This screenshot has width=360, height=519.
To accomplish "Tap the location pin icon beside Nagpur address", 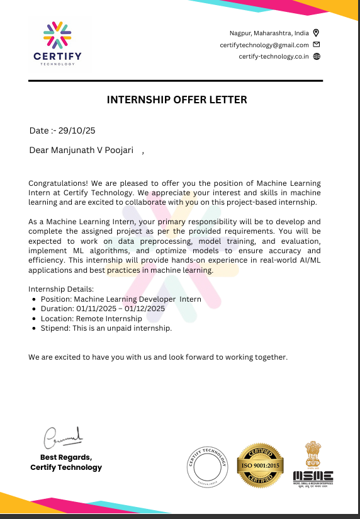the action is click(317, 33).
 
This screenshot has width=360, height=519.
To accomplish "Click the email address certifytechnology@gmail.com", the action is click(264, 45).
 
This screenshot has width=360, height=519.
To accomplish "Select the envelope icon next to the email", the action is click(317, 45).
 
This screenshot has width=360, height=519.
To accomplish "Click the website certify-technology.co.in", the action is click(274, 57).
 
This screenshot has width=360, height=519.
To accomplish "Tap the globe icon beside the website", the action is click(317, 57).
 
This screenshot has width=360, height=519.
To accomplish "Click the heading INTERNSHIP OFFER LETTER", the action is click(177, 100).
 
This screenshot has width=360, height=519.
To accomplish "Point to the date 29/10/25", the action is click(77, 131).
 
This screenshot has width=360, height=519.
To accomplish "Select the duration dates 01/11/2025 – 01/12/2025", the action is click(120, 309).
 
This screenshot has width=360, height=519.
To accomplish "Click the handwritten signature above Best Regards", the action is click(63, 435).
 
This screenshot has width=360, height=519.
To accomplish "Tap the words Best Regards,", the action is click(66, 457).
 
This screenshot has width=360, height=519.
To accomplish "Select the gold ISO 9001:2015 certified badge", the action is click(260, 465).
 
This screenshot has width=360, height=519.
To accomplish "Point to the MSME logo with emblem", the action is click(313, 465).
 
